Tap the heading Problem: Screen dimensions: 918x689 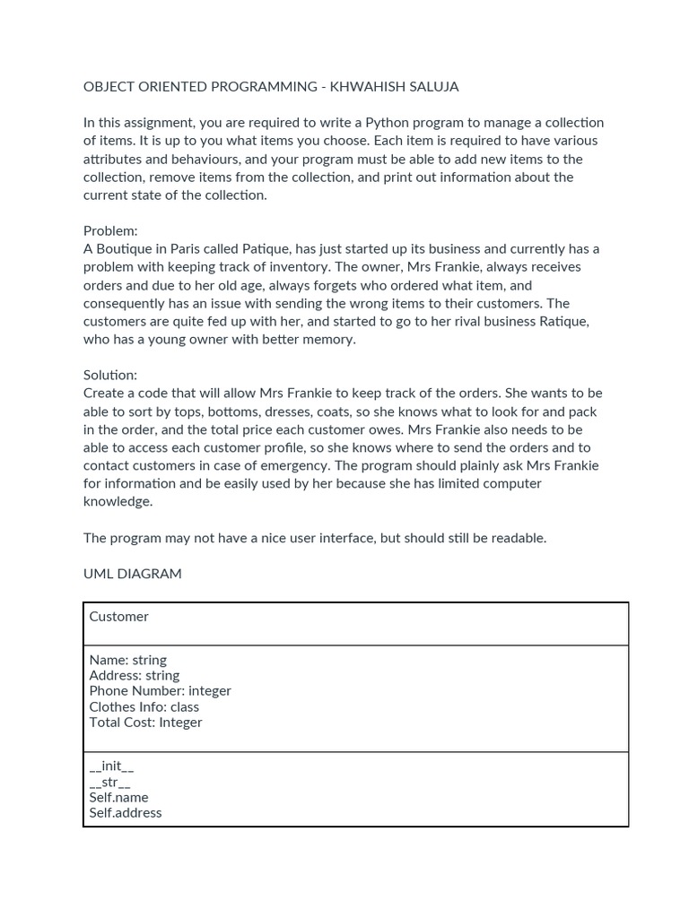110,230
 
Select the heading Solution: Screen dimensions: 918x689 110,375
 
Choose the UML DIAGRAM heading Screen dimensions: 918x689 132,574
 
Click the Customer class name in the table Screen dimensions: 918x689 119,617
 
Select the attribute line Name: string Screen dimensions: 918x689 128,660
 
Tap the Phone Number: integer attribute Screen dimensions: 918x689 161,691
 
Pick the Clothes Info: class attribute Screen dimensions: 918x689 144,706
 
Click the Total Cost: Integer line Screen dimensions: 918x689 145,723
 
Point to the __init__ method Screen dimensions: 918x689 111,766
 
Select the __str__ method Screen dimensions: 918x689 109,782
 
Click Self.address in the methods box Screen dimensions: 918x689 126,813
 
